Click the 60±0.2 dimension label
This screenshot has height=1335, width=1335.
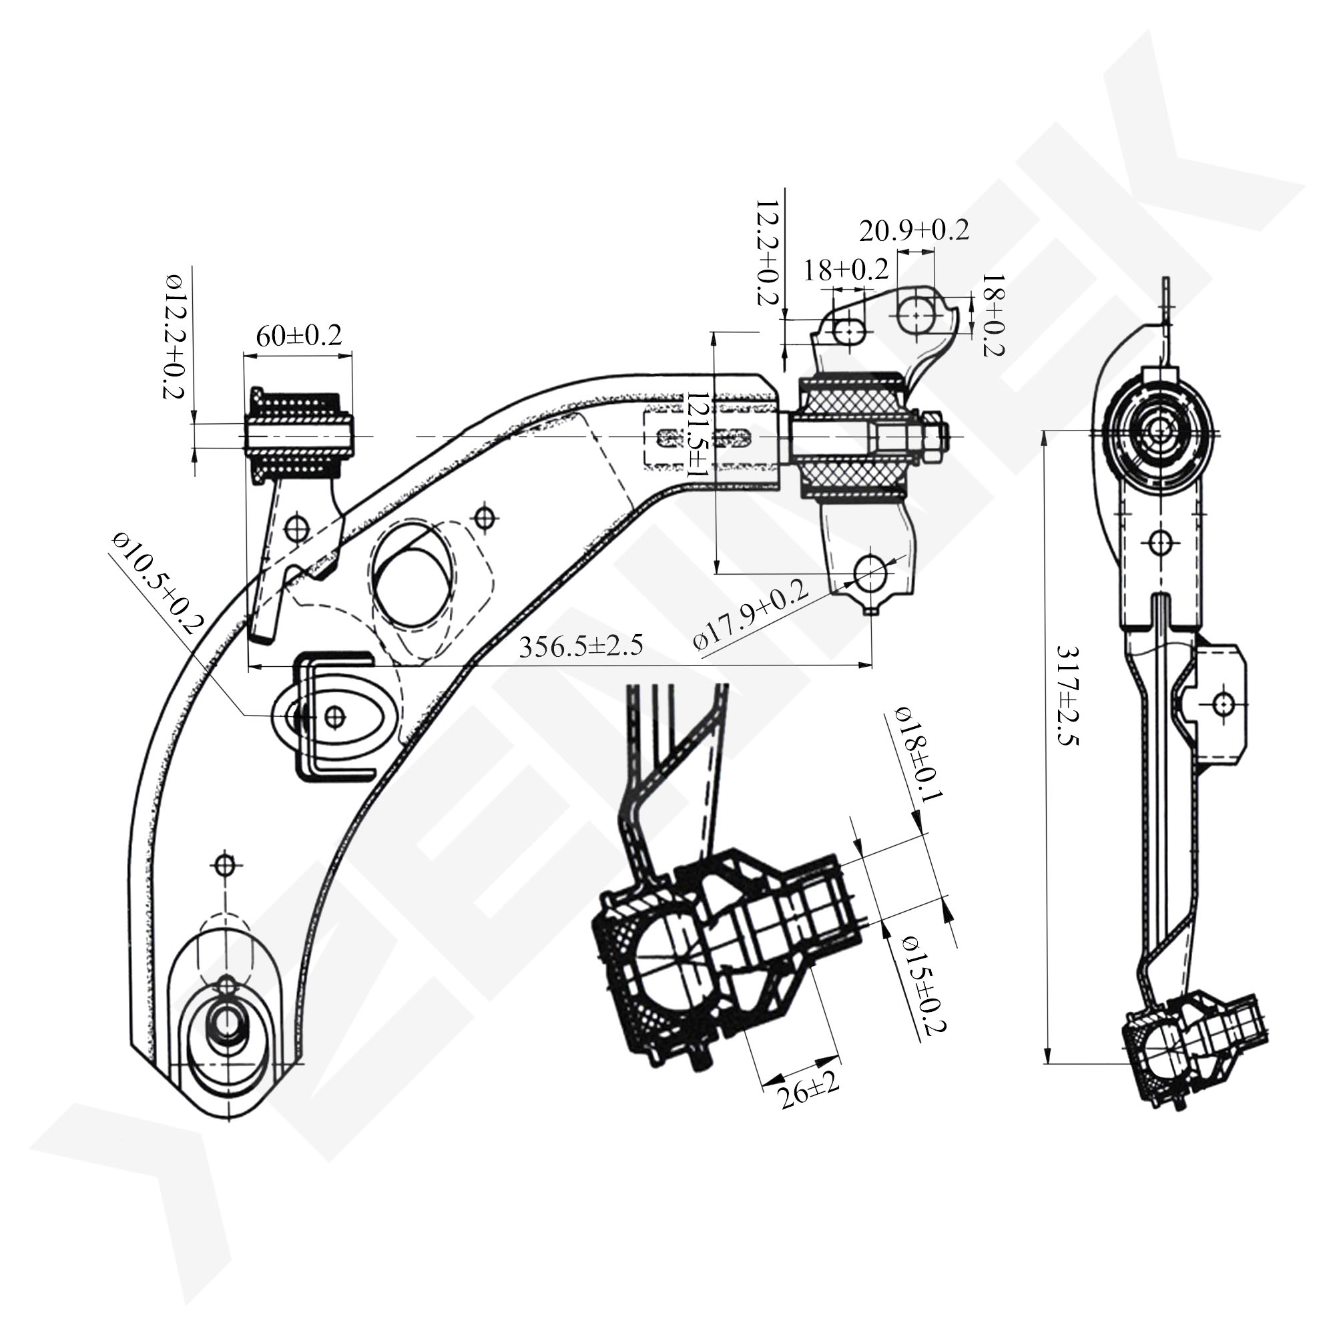pyautogui.click(x=298, y=336)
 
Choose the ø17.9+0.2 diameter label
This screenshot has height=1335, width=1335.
pyautogui.click(x=751, y=615)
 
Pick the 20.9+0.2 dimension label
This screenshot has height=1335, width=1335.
pyautogui.click(x=914, y=231)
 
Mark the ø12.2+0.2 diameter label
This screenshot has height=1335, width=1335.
pyautogui.click(x=173, y=336)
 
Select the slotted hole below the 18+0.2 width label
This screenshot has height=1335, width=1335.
pyautogui.click(x=848, y=332)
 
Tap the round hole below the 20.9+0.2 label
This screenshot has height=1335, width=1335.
pyautogui.click(x=916, y=314)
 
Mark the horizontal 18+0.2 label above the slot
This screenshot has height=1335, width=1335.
pyautogui.click(x=845, y=270)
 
